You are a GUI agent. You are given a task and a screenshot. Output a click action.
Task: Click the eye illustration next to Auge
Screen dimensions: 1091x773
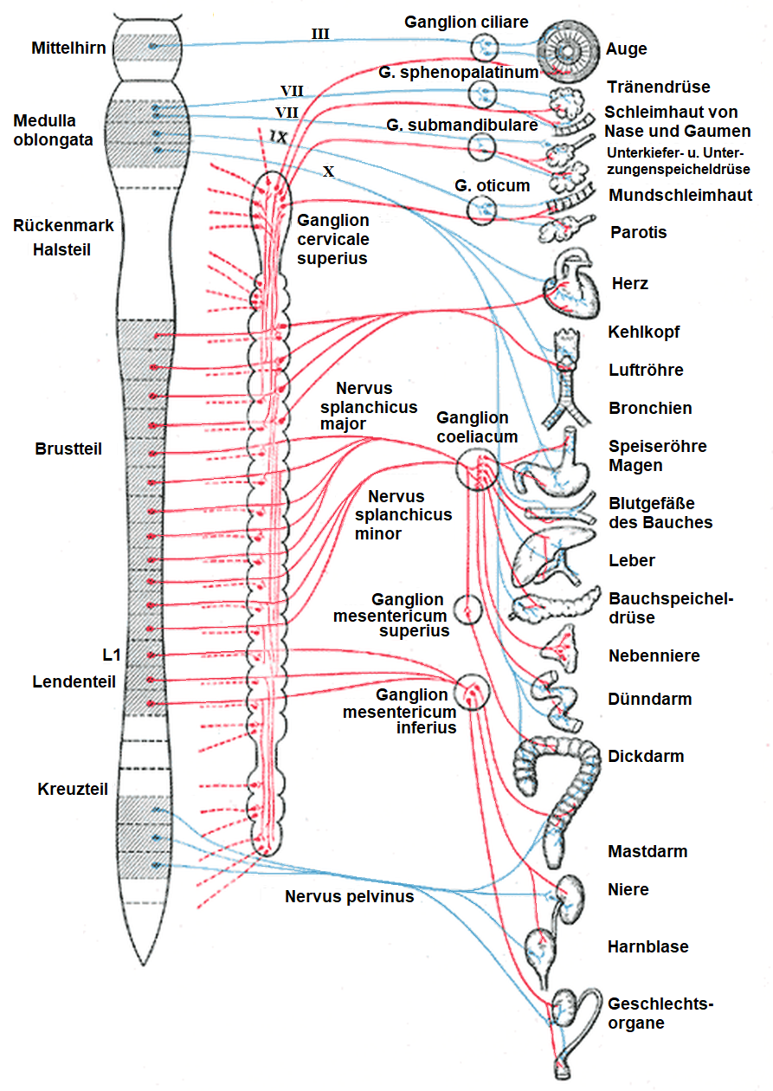[569, 50]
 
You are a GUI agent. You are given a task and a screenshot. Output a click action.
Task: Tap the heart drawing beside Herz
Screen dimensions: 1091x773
[570, 281]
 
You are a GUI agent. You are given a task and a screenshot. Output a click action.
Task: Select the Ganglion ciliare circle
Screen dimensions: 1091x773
[483, 46]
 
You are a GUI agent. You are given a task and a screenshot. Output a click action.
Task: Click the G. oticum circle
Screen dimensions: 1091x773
[482, 209]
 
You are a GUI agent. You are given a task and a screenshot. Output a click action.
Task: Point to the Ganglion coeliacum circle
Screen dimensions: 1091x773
[475, 468]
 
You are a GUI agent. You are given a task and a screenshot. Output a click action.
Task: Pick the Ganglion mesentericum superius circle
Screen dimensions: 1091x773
[467, 610]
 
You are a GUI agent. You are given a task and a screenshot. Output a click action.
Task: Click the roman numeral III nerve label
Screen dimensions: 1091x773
[320, 34]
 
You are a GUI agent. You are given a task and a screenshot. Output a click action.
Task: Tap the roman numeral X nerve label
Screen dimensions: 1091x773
[328, 171]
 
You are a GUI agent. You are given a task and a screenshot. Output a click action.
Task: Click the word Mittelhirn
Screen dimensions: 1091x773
[68, 48]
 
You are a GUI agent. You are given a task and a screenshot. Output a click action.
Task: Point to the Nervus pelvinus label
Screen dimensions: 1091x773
[349, 896]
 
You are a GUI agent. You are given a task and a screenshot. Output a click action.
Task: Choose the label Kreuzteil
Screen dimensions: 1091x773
[73, 789]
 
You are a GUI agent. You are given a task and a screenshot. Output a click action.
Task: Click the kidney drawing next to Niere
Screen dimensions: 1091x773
[571, 892]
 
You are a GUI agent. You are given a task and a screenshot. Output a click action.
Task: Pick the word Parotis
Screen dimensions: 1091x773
[638, 232]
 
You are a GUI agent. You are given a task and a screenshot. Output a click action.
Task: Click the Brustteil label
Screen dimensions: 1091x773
[68, 449]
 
